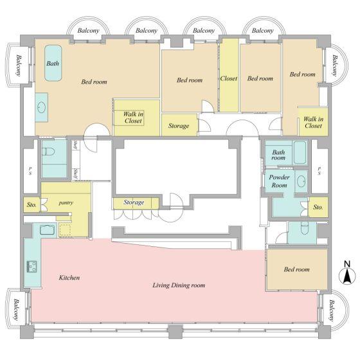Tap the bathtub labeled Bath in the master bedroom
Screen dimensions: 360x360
(53, 63)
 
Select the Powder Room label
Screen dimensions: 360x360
(279, 181)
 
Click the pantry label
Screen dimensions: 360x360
(66, 203)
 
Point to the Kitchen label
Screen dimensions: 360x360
(69, 278)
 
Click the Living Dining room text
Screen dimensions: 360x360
(179, 285)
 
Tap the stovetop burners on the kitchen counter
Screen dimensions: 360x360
(32, 266)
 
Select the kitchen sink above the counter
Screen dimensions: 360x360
(48, 230)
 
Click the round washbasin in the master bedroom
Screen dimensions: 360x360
(41, 107)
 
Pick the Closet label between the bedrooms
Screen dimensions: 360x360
(229, 78)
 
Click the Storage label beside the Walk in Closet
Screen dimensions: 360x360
(179, 126)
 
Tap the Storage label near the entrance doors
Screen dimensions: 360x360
(134, 203)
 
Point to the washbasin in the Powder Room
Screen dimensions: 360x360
(301, 181)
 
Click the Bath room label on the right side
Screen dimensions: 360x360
(278, 155)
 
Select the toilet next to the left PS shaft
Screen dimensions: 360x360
(49, 152)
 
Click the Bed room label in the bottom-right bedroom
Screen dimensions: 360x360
(296, 269)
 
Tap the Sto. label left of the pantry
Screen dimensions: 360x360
(32, 205)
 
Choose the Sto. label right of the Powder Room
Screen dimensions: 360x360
(318, 207)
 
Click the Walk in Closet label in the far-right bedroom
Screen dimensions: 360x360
(314, 122)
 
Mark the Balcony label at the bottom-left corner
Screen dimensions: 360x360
(17, 309)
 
